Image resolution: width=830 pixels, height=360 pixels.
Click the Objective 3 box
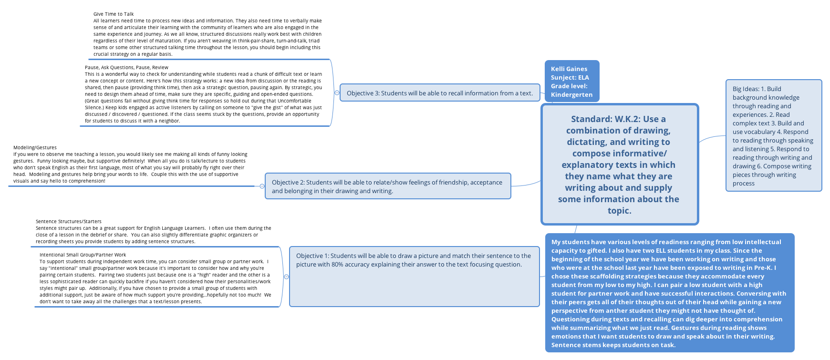pyautogui.click(x=439, y=93)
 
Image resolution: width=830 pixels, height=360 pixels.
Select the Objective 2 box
pyautogui.click(x=388, y=186)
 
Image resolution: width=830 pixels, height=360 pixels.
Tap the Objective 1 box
pyautogui.click(x=414, y=277)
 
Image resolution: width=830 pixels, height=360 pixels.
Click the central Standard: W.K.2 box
pyautogui.click(x=619, y=165)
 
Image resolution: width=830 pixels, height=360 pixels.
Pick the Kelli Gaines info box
pyautogui.click(x=571, y=81)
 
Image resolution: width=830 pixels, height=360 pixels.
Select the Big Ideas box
pyautogui.click(x=773, y=136)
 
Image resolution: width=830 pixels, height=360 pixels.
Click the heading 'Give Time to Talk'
pyautogui.click(x=114, y=14)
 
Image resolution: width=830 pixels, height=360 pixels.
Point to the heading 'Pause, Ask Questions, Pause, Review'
pyautogui.click(x=126, y=68)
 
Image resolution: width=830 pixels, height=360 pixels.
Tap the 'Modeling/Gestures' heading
pyautogui.click(x=35, y=148)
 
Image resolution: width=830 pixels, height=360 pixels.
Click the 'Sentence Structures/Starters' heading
pyautogui.click(x=68, y=222)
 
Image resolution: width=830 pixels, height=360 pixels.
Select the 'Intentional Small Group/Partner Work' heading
pyautogui.click(x=83, y=255)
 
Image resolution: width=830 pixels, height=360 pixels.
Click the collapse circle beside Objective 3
pyautogui.click(x=337, y=93)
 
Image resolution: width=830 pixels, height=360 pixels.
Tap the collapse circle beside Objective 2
pyautogui.click(x=262, y=186)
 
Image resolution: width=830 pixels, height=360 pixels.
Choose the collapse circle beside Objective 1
pyautogui.click(x=286, y=277)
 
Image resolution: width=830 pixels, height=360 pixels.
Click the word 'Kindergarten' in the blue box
pyautogui.click(x=571, y=95)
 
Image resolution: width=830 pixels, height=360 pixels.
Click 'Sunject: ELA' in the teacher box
pyautogui.click(x=570, y=78)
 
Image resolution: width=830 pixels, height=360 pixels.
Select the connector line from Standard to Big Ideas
pyautogui.click(x=712, y=138)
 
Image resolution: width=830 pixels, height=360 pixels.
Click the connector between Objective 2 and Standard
pyautogui.click(x=526, y=184)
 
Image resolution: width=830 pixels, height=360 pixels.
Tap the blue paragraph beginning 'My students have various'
pyautogui.click(x=669, y=293)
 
